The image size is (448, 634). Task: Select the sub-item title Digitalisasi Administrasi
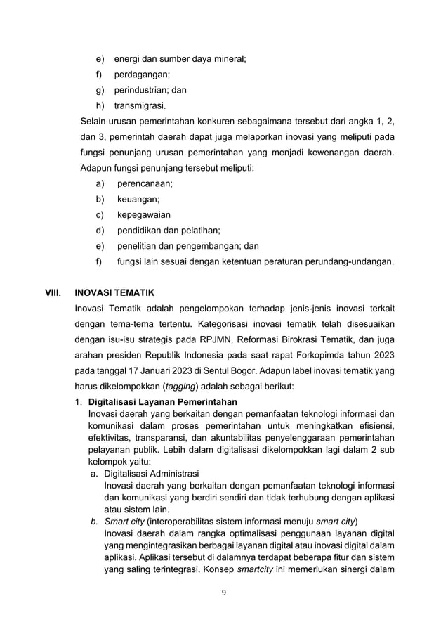pos(151,473)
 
